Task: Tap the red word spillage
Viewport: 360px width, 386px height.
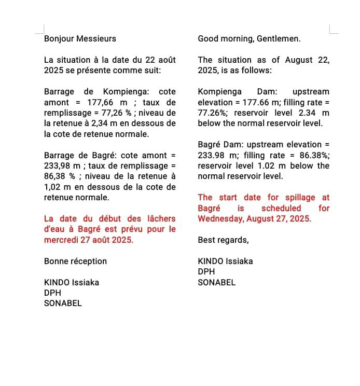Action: [300, 198]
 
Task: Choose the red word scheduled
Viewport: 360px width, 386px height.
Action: [281, 208]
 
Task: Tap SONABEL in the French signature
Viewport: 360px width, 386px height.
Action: [63, 304]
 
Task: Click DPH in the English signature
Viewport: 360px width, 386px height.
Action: [206, 272]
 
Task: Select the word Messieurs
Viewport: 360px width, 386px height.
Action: [96, 39]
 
